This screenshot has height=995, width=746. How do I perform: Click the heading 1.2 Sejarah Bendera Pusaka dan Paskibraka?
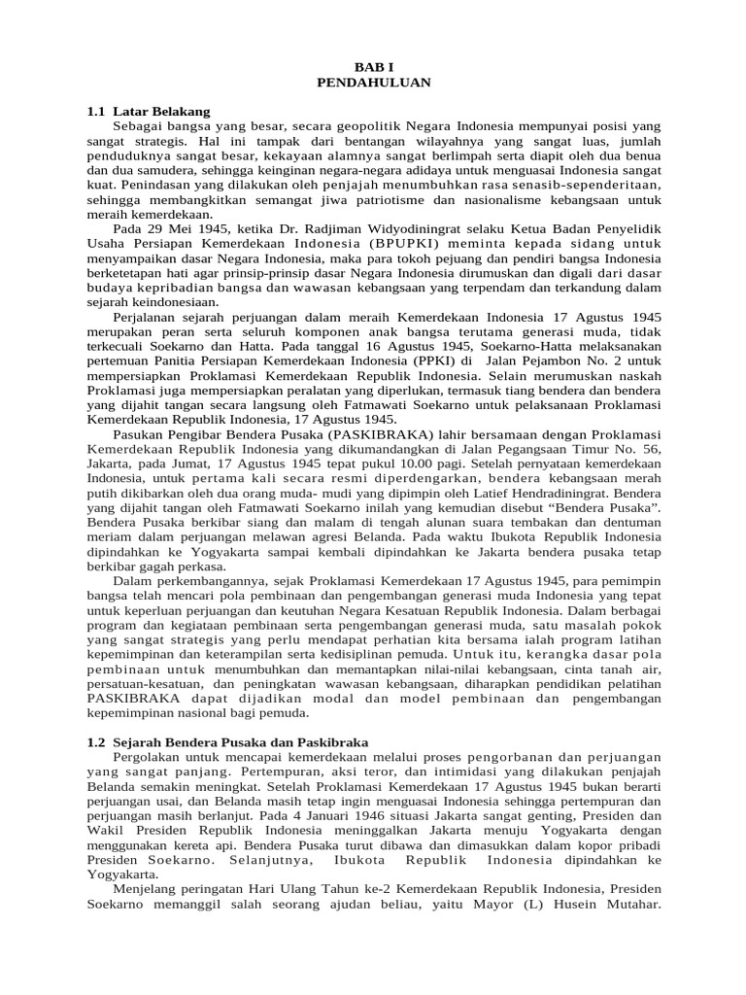tap(227, 741)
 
